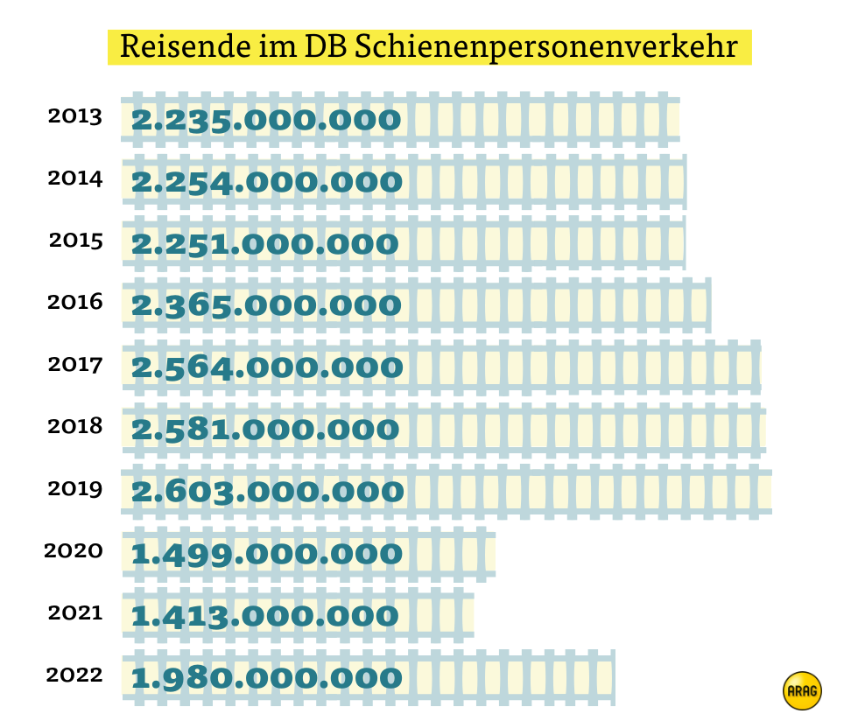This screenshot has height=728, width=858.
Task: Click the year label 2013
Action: click(x=75, y=116)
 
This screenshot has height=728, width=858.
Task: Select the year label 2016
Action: click(x=75, y=303)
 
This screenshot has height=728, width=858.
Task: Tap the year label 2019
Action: click(x=75, y=489)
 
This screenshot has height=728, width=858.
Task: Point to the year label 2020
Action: click(x=74, y=551)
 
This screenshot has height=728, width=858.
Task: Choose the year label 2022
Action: click(x=74, y=675)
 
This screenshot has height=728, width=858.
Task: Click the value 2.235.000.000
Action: click(x=266, y=120)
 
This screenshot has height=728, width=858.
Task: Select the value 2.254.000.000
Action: click(x=267, y=182)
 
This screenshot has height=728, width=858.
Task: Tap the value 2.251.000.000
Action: click(x=265, y=244)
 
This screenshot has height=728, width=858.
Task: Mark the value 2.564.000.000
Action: click(x=267, y=367)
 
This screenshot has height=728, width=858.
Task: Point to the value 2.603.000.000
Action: click(x=268, y=492)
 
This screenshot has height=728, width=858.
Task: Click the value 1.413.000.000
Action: click(x=265, y=616)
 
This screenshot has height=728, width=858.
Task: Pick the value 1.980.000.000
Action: click(x=267, y=678)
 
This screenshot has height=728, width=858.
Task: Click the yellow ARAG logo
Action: click(x=802, y=690)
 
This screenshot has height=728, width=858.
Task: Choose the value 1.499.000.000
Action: click(x=267, y=554)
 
